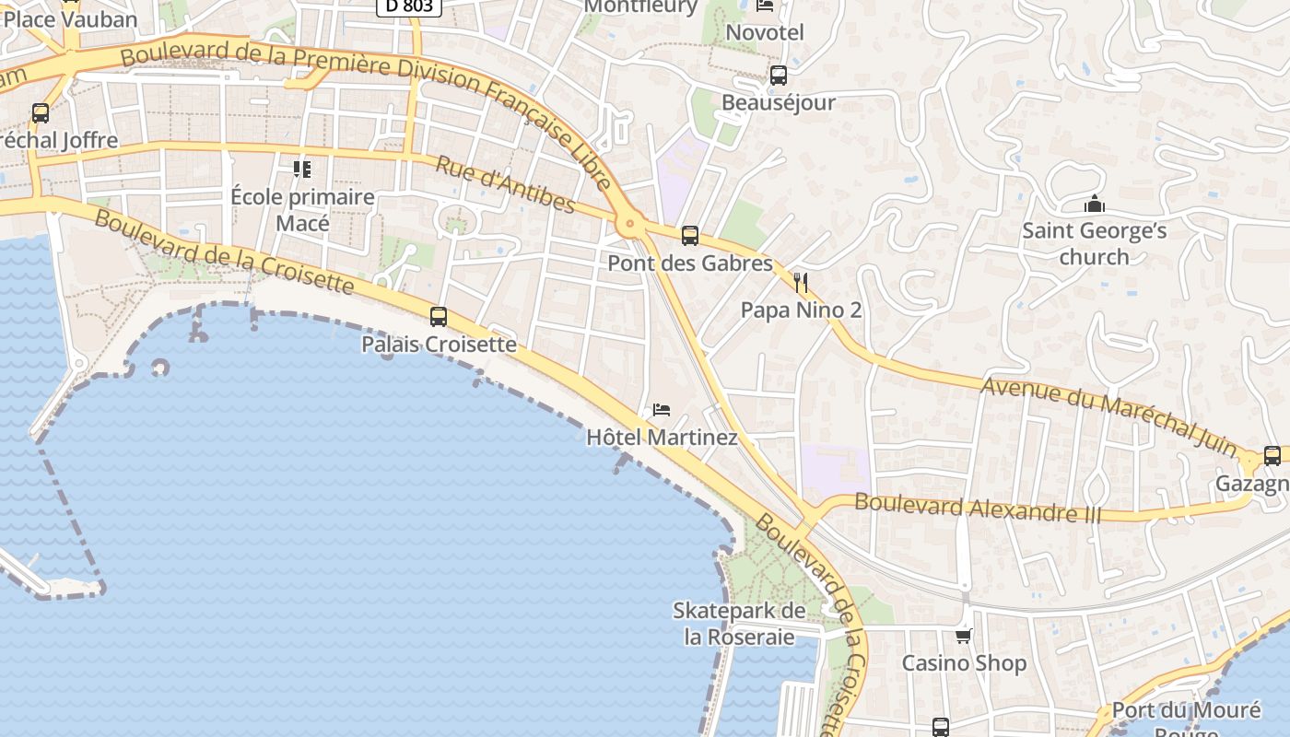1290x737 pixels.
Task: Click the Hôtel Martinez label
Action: click(x=662, y=437)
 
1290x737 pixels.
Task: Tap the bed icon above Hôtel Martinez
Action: click(x=661, y=410)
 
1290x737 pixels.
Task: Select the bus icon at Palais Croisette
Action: click(x=439, y=317)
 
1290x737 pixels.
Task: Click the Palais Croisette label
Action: click(x=439, y=345)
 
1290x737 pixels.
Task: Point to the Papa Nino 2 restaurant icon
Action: click(x=801, y=282)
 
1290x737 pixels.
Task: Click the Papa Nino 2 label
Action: click(x=801, y=310)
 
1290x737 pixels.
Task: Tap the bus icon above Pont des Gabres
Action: click(x=689, y=236)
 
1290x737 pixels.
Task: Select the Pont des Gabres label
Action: click(x=689, y=263)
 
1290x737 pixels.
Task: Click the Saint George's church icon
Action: click(x=1094, y=204)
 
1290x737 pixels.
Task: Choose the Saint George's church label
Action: click(x=1094, y=243)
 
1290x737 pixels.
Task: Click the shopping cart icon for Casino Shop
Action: click(x=964, y=636)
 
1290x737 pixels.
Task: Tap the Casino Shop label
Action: click(x=964, y=663)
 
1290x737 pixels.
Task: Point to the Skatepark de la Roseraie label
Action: click(x=739, y=623)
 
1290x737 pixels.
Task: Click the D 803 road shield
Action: click(x=409, y=6)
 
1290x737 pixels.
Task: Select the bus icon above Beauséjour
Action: click(x=779, y=76)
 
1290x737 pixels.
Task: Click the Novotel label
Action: click(x=765, y=33)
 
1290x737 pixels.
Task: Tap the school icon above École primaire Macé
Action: click(x=302, y=169)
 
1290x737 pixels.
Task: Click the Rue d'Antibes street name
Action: click(x=505, y=184)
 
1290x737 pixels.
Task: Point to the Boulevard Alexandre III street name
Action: click(x=978, y=508)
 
